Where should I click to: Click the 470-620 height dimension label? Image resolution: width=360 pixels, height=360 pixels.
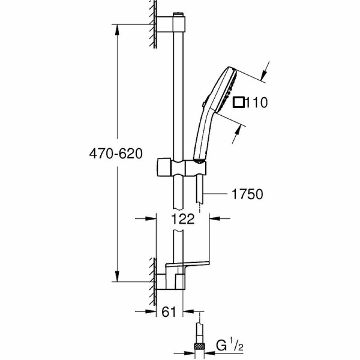[116, 154]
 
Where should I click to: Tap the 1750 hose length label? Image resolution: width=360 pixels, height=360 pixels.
[247, 194]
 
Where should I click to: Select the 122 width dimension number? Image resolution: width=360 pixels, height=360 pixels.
[183, 219]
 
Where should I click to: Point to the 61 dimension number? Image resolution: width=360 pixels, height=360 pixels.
[169, 312]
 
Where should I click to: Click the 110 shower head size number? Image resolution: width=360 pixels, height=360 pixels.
[256, 103]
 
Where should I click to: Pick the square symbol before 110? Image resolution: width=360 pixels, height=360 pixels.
[239, 102]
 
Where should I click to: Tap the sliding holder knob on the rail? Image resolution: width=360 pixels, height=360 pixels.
[164, 167]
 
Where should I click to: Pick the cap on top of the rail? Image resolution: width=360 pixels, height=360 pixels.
[179, 14]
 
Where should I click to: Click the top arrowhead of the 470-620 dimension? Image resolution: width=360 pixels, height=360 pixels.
[118, 29]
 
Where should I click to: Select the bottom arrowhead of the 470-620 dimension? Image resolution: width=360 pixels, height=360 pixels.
[118, 276]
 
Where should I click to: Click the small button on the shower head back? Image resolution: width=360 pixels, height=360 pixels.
[203, 104]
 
